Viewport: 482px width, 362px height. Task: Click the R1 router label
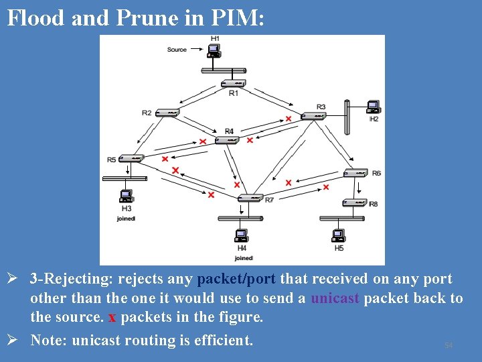coord(233,93)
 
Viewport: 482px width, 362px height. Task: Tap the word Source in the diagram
coord(177,50)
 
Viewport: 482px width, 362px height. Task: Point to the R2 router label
coord(147,113)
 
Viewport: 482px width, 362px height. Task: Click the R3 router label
coord(321,107)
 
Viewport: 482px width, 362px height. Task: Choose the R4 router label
coord(230,131)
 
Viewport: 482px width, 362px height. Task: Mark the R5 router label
coord(111,160)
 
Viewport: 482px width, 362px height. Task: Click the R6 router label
coord(376,173)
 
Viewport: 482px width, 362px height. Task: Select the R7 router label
coord(269,200)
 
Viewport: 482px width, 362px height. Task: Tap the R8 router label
coord(373,203)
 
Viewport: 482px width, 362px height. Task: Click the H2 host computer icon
coord(374,107)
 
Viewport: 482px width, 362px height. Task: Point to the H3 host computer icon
coord(126,196)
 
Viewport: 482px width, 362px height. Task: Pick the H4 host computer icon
coord(242,235)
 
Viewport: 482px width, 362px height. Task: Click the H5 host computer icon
coord(339,235)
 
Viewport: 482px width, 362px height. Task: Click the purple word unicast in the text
coord(335,298)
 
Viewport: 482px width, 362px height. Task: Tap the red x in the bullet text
coord(112,317)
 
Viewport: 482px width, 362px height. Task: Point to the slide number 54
coord(449,345)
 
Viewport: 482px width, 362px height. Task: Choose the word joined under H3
coord(126,219)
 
